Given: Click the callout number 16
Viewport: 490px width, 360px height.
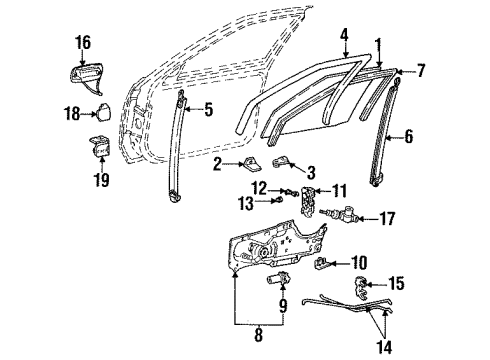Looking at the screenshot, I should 82,42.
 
